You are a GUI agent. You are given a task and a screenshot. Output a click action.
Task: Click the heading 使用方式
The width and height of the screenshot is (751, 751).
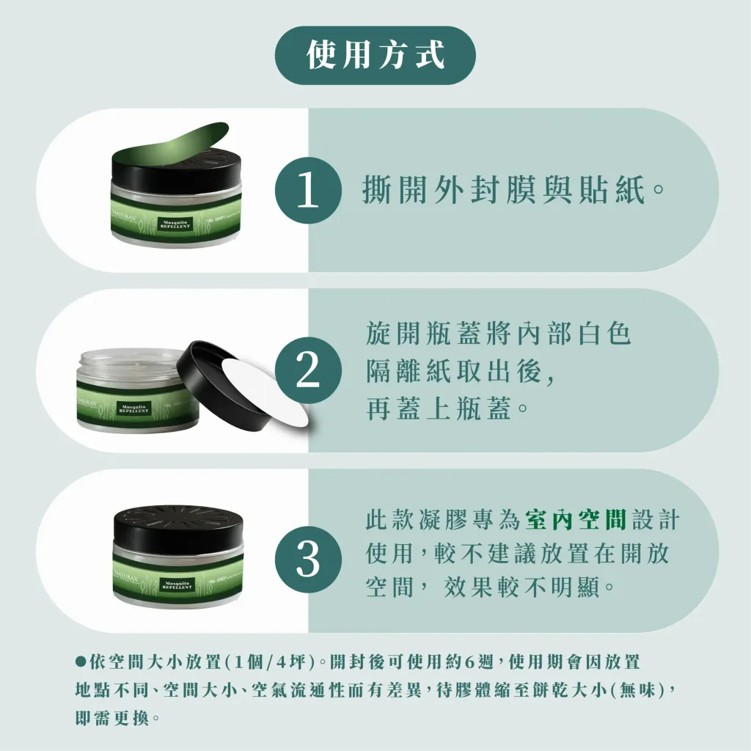(x=375, y=56)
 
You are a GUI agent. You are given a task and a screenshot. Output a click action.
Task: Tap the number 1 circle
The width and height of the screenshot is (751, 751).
(x=308, y=191)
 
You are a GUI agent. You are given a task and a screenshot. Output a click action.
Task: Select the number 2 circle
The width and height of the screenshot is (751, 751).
(x=308, y=370)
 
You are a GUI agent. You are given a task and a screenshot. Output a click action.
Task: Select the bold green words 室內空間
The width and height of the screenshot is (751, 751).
(x=576, y=521)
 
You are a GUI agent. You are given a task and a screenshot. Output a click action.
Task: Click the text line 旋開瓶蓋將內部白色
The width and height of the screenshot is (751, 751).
(x=499, y=335)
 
